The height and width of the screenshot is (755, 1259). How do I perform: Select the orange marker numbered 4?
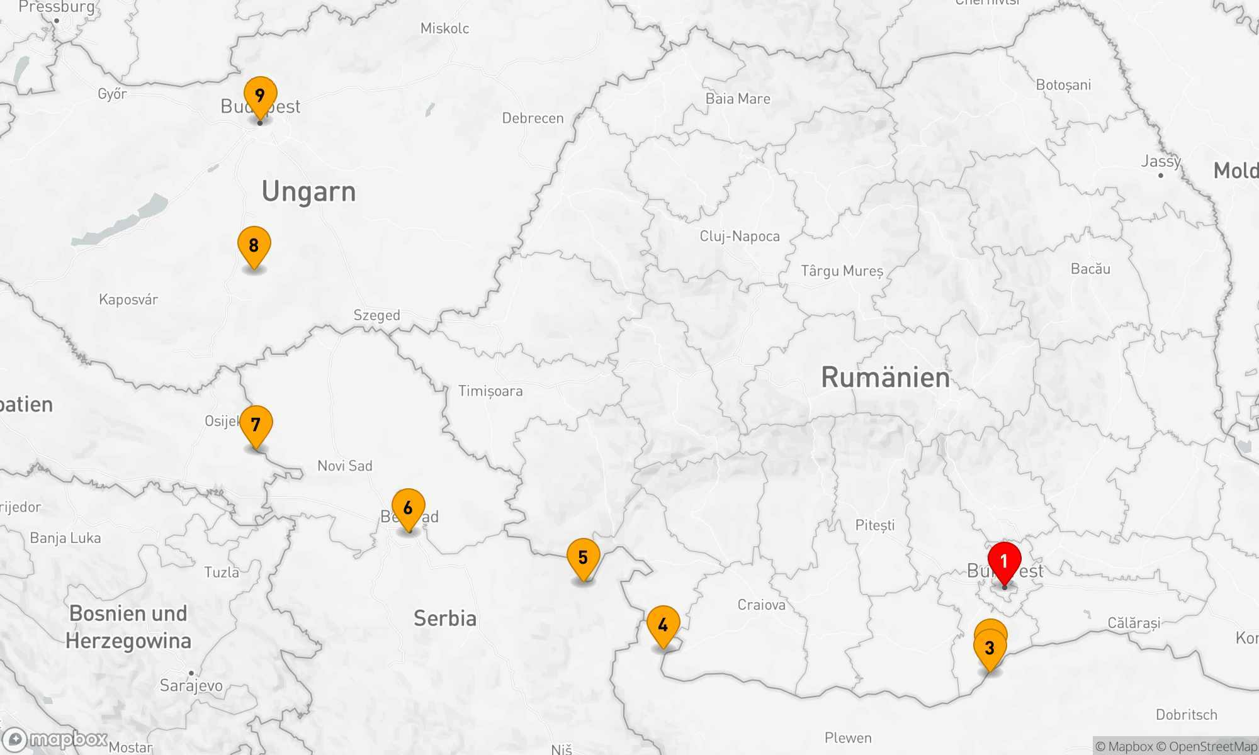click(x=663, y=625)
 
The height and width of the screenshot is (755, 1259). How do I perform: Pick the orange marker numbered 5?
click(x=583, y=557)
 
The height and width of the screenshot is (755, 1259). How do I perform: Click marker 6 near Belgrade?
click(x=408, y=508)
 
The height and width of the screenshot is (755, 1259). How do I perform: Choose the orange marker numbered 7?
click(x=256, y=425)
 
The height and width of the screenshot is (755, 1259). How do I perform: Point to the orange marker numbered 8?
click(x=254, y=245)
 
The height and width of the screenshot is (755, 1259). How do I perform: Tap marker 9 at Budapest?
click(x=260, y=96)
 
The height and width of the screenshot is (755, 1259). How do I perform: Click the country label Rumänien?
click(x=885, y=377)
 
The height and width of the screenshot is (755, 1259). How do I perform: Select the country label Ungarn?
click(x=308, y=192)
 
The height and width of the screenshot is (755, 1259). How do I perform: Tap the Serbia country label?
click(x=444, y=618)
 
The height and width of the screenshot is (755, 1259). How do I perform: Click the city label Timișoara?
click(x=490, y=391)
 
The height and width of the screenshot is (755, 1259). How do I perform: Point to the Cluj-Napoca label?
click(x=740, y=237)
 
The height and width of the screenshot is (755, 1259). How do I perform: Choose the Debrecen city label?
click(x=533, y=118)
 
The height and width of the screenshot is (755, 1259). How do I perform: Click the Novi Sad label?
click(x=345, y=466)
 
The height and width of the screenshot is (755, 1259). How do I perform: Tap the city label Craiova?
click(x=761, y=605)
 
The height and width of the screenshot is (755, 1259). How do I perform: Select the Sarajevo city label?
click(x=191, y=685)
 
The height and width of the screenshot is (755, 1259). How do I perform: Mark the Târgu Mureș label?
click(x=842, y=271)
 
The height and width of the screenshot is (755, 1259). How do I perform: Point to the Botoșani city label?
click(x=1063, y=85)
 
